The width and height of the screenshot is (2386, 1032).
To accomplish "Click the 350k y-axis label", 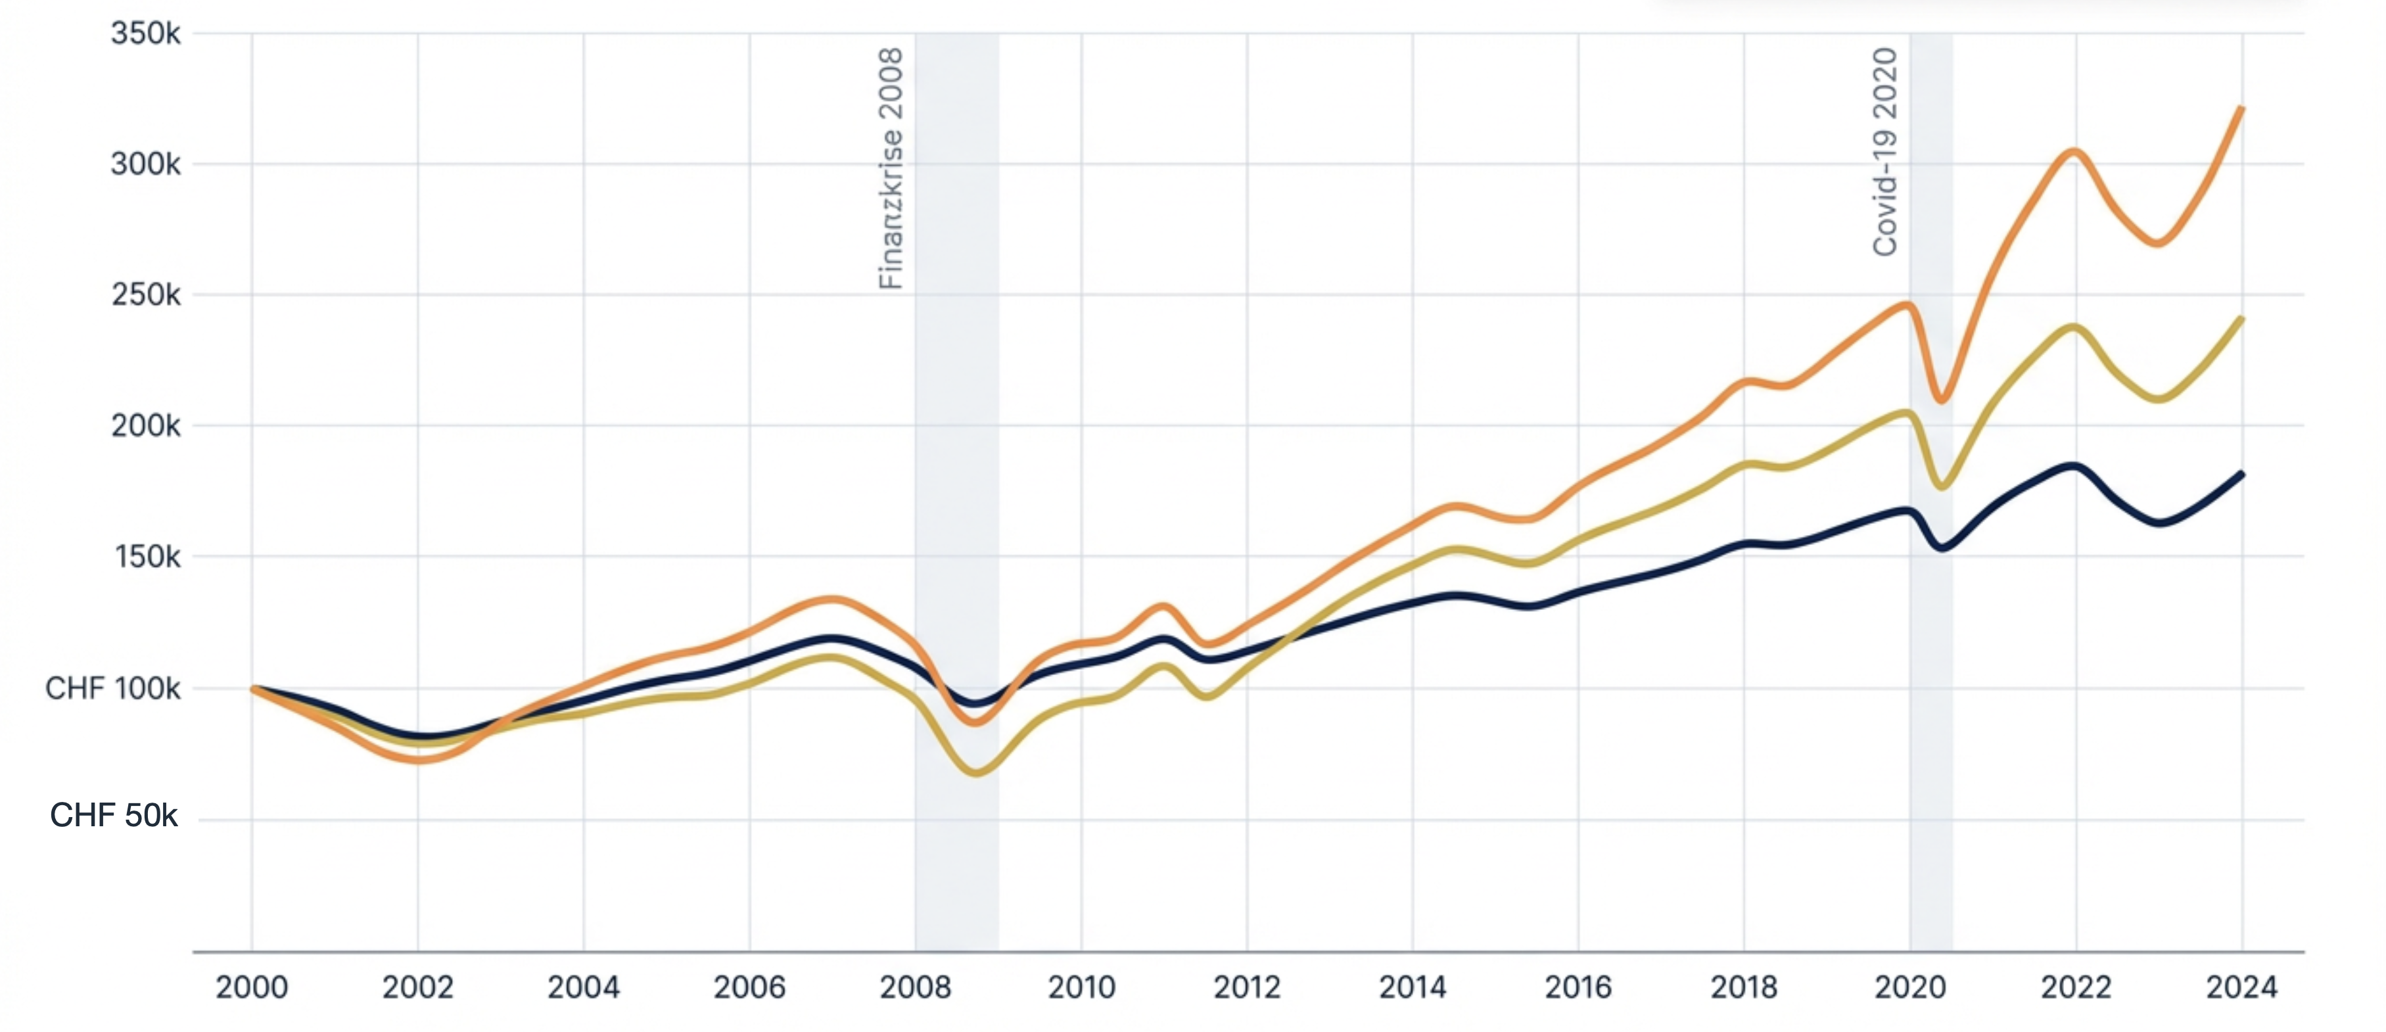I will [x=145, y=34].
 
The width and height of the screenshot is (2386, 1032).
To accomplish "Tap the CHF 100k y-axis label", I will [x=113, y=688].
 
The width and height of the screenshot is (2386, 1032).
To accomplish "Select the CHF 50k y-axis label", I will [x=113, y=815].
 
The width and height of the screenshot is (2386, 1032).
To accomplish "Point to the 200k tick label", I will [x=145, y=426].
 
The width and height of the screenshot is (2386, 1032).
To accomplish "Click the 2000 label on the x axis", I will [x=251, y=987].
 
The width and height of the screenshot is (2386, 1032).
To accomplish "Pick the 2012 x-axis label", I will [x=1247, y=987].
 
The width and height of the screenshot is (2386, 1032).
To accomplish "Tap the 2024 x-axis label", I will [x=2241, y=987].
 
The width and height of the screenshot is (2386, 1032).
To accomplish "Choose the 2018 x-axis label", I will [x=1743, y=987].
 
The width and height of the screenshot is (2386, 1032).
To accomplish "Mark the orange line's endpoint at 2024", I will [x=2241, y=108].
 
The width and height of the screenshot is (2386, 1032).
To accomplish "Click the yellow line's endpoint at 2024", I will [x=2241, y=319].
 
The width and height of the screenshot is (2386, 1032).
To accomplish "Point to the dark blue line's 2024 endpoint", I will [x=2241, y=475].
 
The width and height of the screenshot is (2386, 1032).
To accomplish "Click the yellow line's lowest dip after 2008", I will [x=977, y=772].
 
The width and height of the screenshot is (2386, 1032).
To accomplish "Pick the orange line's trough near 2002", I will [x=419, y=760].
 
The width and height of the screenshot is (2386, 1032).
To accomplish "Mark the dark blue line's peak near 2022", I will [x=2073, y=466].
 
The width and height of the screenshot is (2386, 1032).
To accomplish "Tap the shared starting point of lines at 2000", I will [x=253, y=688].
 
